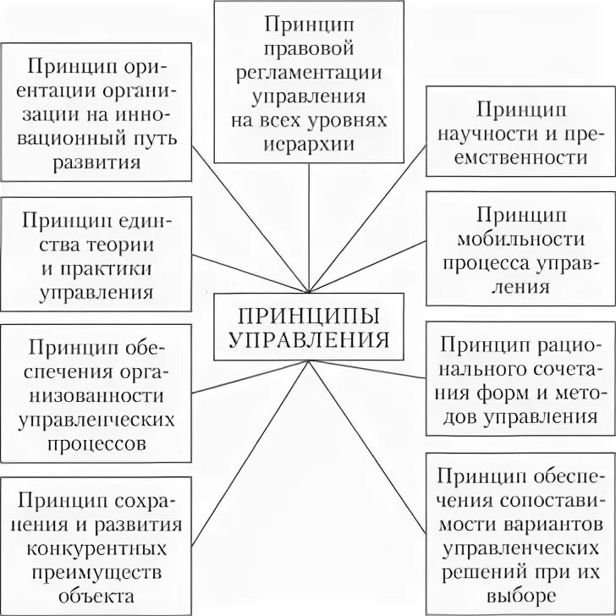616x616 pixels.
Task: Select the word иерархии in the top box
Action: (x=307, y=143)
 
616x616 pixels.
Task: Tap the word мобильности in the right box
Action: (x=520, y=238)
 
